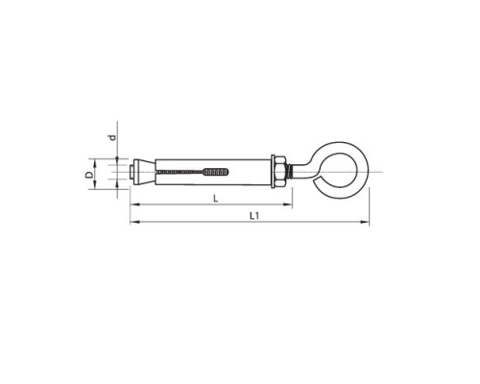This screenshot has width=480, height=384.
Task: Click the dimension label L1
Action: coord(254,216)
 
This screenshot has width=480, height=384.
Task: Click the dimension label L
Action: coord(216,199)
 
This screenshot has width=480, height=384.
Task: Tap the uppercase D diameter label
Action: coord(90,175)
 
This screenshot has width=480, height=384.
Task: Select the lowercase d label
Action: coord(112,137)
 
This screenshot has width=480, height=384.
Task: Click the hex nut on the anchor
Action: coord(280,172)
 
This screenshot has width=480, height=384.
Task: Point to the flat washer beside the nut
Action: coord(273,172)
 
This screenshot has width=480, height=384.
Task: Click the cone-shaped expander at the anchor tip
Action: coord(145,172)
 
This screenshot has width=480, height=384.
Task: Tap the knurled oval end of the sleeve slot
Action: coord(216,172)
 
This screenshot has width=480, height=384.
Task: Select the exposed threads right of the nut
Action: coord(289,172)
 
